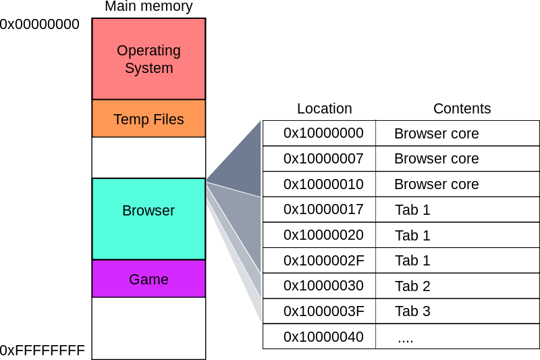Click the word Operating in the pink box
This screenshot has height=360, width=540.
click(148, 51)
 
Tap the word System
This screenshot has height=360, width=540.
click(148, 68)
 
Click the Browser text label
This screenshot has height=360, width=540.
click(148, 211)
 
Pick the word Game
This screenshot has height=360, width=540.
click(148, 280)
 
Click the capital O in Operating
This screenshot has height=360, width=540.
click(122, 51)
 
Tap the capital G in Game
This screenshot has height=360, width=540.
click(134, 280)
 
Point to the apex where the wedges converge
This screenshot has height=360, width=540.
click(207, 182)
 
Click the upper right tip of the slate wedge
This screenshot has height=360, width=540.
click(261, 121)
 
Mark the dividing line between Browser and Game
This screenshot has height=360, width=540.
click(148, 259)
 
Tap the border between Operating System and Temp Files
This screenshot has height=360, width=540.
click(148, 99)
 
